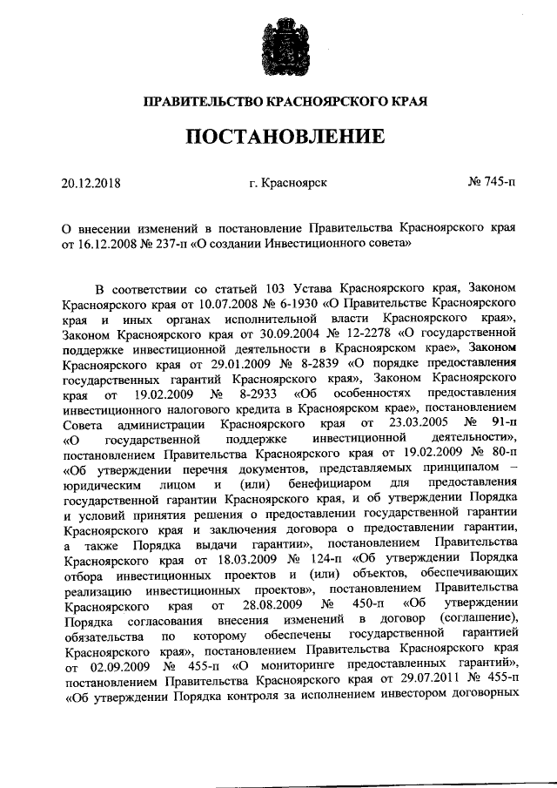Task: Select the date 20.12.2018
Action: pyautogui.click(x=91, y=184)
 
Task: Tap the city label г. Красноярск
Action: pyautogui.click(x=287, y=184)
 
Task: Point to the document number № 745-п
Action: pyautogui.click(x=492, y=184)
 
